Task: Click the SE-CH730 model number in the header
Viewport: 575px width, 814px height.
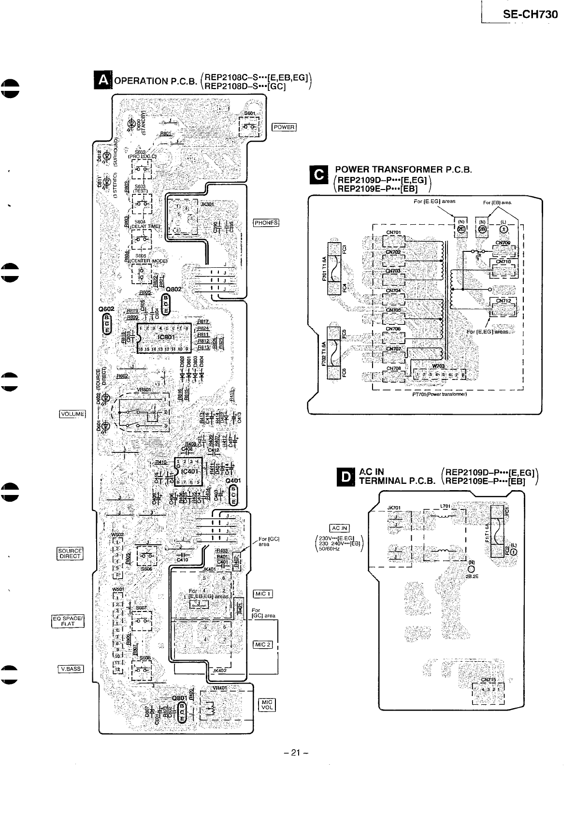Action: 530,15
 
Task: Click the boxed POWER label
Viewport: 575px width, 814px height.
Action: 284,127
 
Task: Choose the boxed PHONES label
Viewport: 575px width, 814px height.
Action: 266,223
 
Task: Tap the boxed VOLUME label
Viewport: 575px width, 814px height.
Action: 72,413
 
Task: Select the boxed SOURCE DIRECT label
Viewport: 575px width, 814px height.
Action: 70,553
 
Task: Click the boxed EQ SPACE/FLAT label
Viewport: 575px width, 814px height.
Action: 68,621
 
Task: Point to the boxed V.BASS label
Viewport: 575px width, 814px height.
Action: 71,669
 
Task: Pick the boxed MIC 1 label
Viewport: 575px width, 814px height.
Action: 263,594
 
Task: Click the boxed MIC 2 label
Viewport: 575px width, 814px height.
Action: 263,644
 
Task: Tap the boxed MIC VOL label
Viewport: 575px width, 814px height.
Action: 267,705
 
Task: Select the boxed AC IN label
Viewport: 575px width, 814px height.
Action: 339,528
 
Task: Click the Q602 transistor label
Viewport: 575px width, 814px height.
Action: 106,309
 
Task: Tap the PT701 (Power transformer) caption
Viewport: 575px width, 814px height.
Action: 439,393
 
